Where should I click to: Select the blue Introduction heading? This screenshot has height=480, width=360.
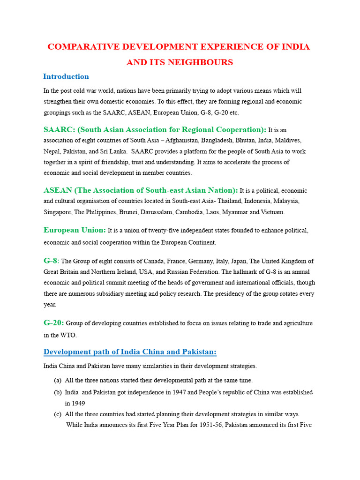[x=66, y=76]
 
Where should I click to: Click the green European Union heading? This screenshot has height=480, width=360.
[x=75, y=230]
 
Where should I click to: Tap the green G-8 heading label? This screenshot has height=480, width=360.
[x=51, y=261]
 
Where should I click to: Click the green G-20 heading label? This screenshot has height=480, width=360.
[x=53, y=322]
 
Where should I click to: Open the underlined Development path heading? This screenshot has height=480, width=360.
[x=130, y=352]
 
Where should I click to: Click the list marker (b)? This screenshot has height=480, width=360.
[x=58, y=392]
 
